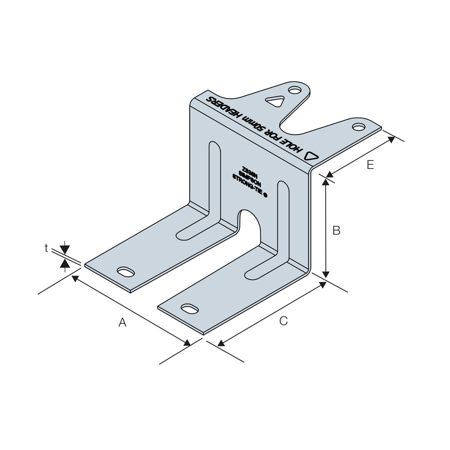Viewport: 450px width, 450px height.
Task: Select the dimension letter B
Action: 336,231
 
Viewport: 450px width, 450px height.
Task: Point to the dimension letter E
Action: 371,165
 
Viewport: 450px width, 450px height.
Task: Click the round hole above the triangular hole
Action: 294,91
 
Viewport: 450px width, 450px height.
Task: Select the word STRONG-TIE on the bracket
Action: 248,186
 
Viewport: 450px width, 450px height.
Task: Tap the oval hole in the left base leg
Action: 125,271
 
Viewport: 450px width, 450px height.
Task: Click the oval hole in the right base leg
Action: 190,308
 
